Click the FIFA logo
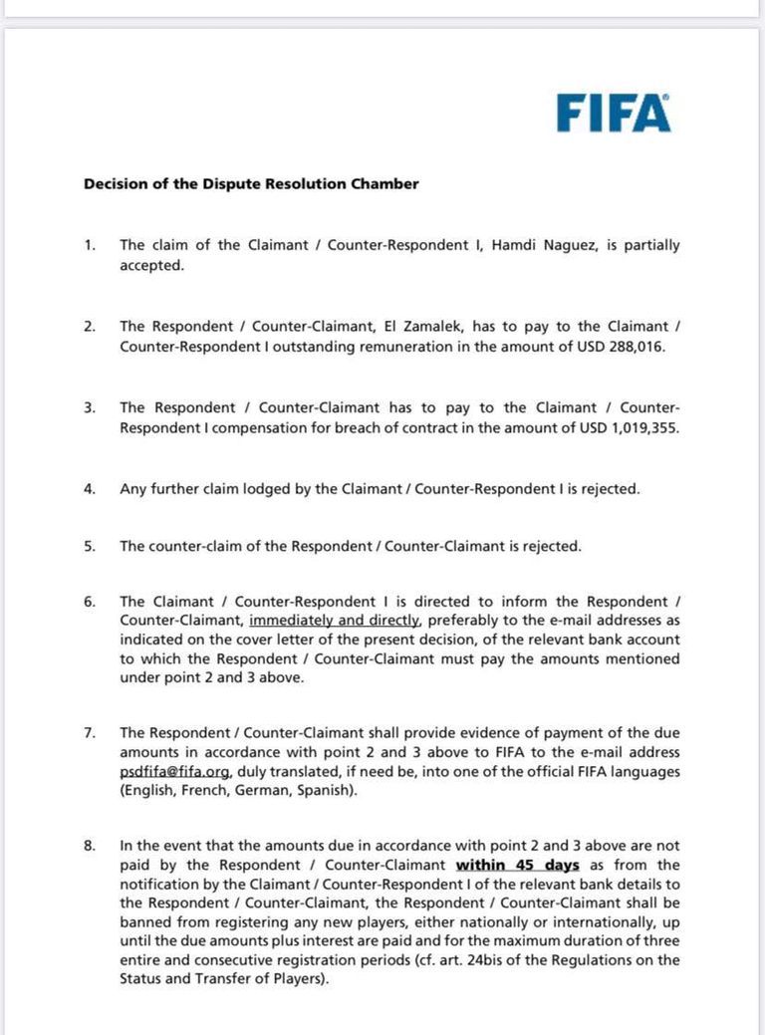(x=613, y=113)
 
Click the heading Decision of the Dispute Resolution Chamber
(x=251, y=183)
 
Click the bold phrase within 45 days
(x=518, y=865)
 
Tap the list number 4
(x=90, y=489)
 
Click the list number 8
(x=90, y=846)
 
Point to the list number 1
(x=90, y=245)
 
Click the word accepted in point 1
(x=151, y=265)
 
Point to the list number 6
(x=90, y=602)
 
